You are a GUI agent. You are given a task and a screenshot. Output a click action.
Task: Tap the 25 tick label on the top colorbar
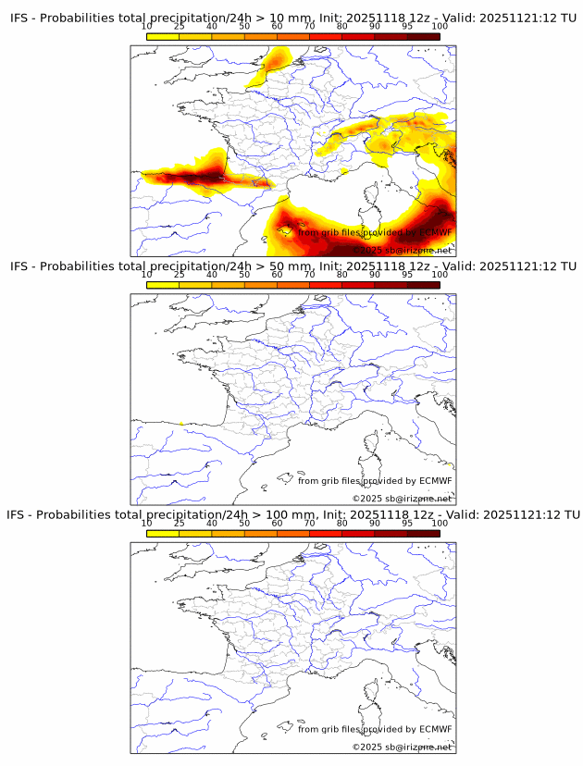point(180,27)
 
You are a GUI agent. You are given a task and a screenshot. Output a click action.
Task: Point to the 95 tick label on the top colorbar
point(407,27)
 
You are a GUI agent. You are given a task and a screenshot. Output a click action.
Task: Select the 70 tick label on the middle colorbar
point(310,275)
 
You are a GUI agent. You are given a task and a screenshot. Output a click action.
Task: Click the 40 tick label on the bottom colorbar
point(212,523)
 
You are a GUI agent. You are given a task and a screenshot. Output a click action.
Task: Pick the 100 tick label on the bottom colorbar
point(440,523)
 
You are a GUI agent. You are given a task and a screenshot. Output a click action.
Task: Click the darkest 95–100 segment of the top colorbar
point(423,37)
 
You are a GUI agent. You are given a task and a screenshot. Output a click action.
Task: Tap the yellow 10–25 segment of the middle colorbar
point(163,285)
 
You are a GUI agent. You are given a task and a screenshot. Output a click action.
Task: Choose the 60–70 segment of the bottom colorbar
point(293,533)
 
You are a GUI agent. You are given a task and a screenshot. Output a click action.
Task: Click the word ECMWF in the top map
point(435,233)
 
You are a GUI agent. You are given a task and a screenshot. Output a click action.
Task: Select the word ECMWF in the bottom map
point(435,729)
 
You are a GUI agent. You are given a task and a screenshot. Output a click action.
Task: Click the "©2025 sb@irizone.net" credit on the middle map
point(402,498)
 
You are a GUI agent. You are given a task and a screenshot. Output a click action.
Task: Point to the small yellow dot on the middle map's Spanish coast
point(181,423)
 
